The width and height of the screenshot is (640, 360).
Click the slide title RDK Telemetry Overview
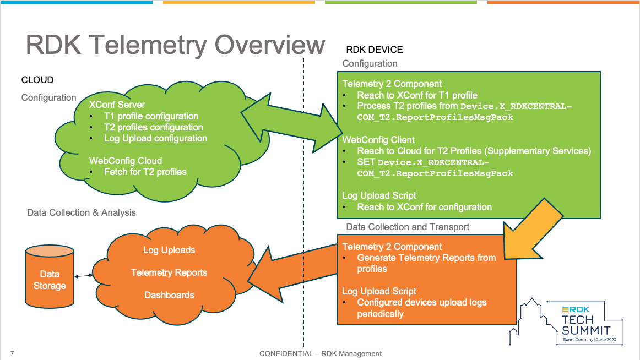175,45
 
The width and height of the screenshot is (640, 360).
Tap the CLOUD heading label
37,80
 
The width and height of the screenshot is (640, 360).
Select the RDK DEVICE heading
375,50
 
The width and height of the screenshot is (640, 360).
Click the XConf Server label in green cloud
117,105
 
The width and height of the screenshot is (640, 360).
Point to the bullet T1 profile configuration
151,116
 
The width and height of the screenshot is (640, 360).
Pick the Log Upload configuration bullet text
155,138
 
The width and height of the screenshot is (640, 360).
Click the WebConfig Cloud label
126,161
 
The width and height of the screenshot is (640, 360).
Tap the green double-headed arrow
291,123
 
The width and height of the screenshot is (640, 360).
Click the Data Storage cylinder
50,277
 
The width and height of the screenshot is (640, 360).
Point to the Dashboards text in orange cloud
169,295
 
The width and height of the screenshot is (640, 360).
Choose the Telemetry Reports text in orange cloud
169,272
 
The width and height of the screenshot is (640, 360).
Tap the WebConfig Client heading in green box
378,140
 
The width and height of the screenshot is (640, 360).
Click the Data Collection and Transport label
408,227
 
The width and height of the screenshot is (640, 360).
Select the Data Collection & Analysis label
81,213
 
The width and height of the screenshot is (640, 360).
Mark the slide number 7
12,353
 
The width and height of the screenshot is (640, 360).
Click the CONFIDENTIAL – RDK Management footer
321,354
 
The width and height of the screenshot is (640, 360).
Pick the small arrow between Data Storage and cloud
84,276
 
